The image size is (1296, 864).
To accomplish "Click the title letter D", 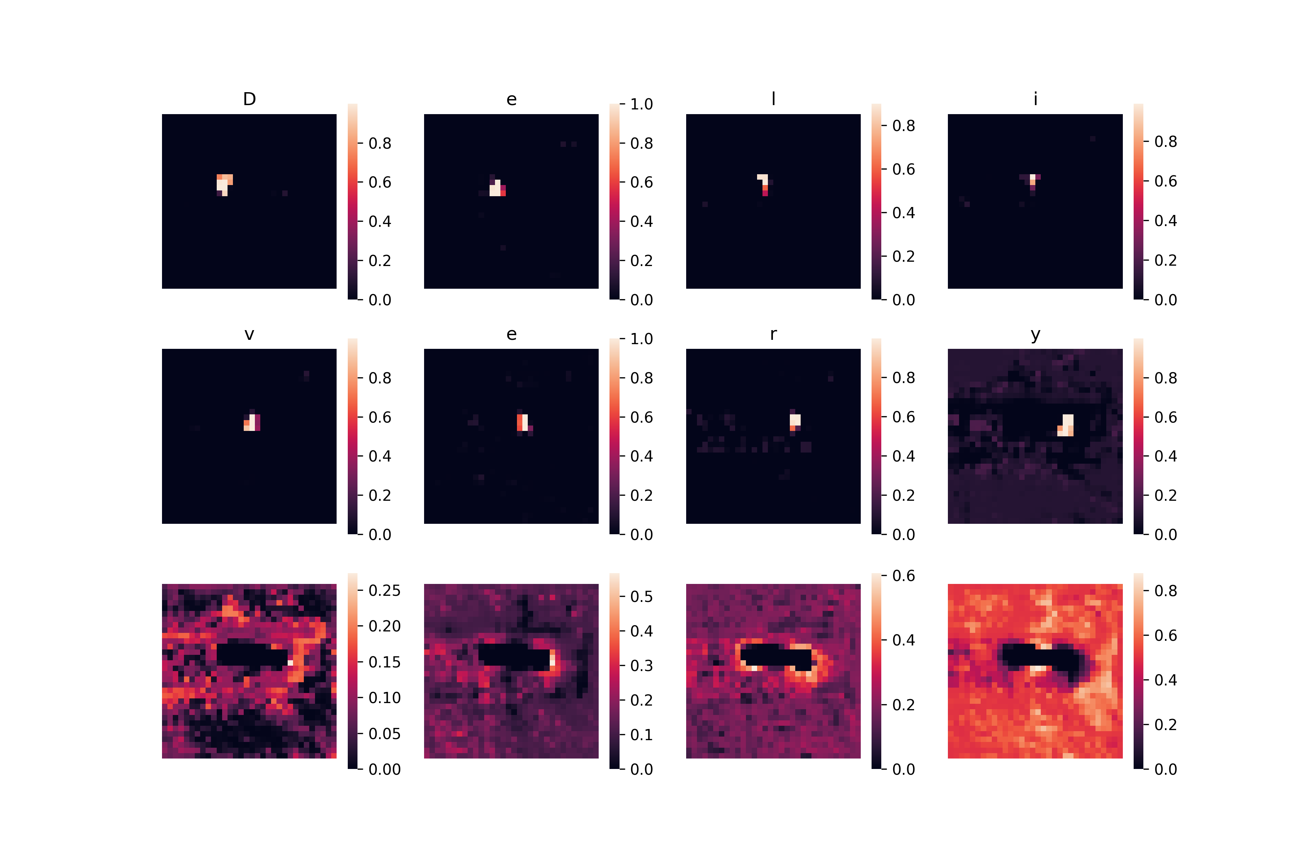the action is pyautogui.click(x=249, y=99).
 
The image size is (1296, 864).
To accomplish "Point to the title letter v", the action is pyautogui.click(x=249, y=334).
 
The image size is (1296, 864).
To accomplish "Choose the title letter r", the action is pyautogui.click(x=774, y=334).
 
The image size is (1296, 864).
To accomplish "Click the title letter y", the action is pyautogui.click(x=1035, y=336).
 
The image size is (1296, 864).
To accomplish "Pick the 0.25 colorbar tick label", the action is pyautogui.click(x=384, y=591).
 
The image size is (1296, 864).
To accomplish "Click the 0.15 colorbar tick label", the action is pyautogui.click(x=384, y=662).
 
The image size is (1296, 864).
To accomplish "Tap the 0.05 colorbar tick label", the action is pyautogui.click(x=384, y=734).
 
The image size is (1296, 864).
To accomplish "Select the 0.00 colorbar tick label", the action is pyautogui.click(x=384, y=769).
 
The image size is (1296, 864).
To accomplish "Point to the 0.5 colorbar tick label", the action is pyautogui.click(x=642, y=597).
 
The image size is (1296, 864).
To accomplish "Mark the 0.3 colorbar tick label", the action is pyautogui.click(x=642, y=666).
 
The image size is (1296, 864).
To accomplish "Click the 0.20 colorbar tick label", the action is pyautogui.click(x=384, y=626).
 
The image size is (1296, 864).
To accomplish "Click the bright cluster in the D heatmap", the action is pyautogui.click(x=224, y=185).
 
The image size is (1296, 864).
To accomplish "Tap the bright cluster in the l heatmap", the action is pyautogui.click(x=764, y=184).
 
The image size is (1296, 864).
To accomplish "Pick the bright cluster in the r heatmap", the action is pyautogui.click(x=795, y=422).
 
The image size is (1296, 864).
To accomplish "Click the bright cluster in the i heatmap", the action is pyautogui.click(x=1032, y=181).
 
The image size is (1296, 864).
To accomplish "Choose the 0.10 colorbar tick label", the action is pyautogui.click(x=384, y=698).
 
